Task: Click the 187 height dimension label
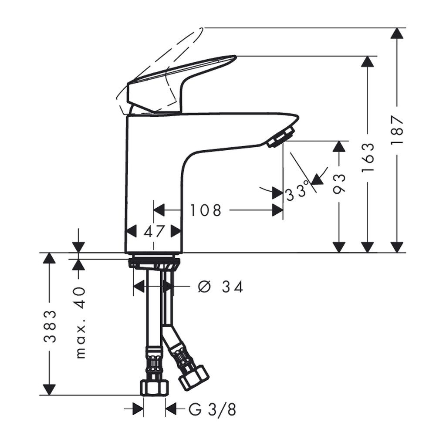[x=397, y=130]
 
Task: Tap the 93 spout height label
[x=339, y=184]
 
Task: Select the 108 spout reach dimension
[x=206, y=210]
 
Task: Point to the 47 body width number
[x=154, y=231]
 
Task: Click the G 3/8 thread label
[x=213, y=410]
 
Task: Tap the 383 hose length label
[x=50, y=326]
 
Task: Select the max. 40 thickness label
[x=81, y=323]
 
